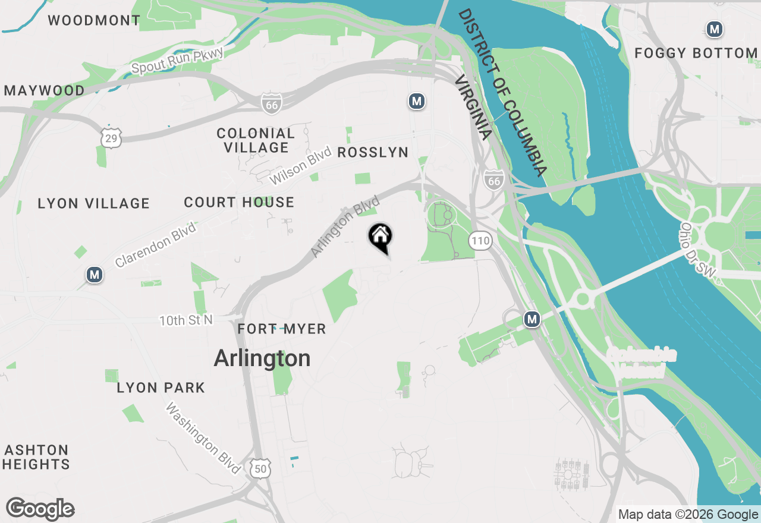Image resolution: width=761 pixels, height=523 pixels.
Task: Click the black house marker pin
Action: coord(380,237)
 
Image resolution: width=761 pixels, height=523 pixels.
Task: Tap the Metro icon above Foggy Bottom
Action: coord(714,29)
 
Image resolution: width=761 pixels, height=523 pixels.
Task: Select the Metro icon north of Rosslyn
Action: coord(417,101)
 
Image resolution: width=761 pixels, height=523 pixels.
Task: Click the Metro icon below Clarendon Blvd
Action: coord(94,275)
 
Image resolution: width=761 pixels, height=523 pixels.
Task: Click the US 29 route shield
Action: coord(111,137)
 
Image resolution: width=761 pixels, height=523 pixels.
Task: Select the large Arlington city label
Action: coord(262,358)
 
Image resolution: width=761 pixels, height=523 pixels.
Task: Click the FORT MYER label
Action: coord(282,329)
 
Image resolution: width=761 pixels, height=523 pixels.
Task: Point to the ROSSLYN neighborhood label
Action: coord(373,153)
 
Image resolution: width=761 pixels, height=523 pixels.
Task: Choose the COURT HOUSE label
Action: coord(239,203)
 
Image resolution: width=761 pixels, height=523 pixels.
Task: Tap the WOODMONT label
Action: coord(94,21)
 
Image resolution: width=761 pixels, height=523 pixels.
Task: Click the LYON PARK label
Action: coord(161,388)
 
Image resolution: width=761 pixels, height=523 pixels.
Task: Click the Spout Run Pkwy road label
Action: coord(177,61)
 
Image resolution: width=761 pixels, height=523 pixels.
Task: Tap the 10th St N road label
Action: coord(185,320)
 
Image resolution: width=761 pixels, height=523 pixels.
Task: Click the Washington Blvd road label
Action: coord(203,439)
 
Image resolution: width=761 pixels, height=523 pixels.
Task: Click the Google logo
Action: coord(40,509)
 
